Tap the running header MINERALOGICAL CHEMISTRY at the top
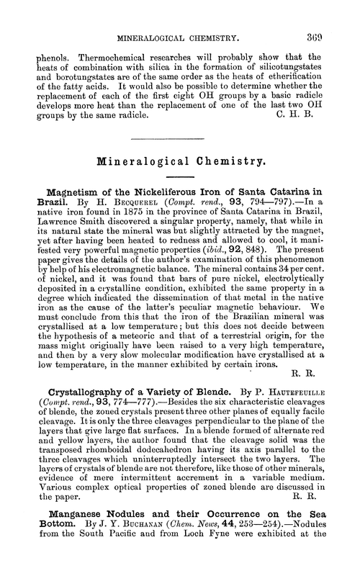tap(179, 14)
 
